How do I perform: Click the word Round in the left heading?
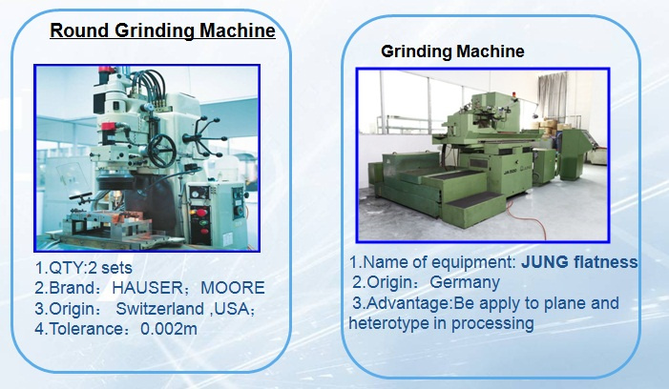click(x=79, y=31)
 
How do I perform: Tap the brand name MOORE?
click(x=233, y=288)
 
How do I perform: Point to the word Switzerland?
click(x=159, y=309)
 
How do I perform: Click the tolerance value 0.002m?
click(x=169, y=329)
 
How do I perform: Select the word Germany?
click(x=465, y=282)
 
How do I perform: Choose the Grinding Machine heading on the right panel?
click(x=452, y=51)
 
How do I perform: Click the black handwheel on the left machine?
click(x=161, y=151)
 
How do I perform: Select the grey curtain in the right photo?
click(x=553, y=96)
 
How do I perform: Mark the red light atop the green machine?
click(x=514, y=94)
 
